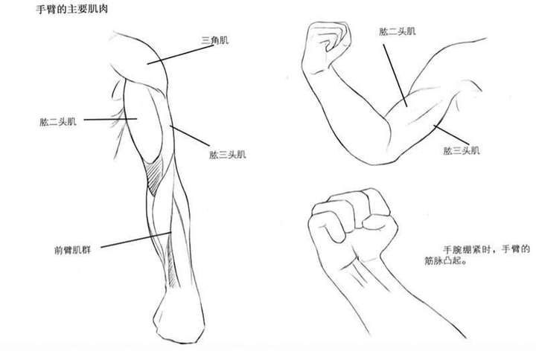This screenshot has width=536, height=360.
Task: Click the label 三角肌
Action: (214, 39)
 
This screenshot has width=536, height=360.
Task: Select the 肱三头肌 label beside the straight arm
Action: (229, 155)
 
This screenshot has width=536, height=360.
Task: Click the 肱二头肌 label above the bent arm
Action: (397, 32)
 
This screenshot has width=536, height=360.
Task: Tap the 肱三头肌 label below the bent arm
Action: (462, 150)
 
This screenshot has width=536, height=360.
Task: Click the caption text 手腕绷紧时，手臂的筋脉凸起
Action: (484, 255)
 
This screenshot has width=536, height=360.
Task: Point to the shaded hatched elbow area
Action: (155, 179)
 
